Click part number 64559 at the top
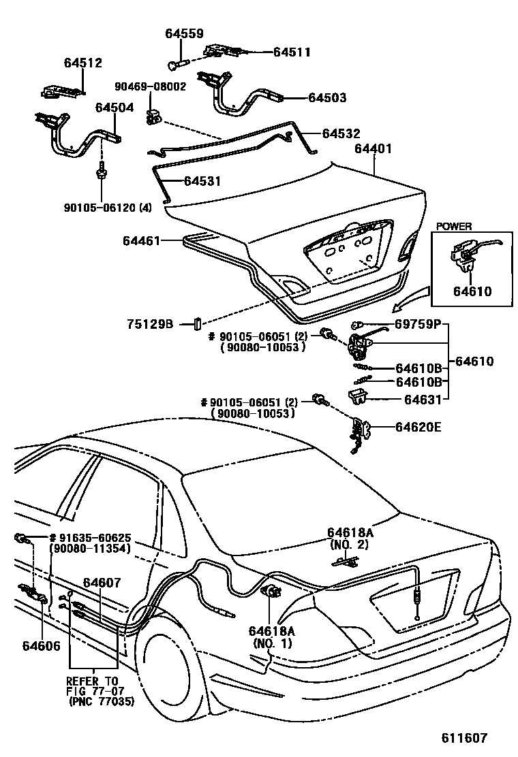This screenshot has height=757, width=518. (x=183, y=33)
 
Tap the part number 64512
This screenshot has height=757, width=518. (x=83, y=63)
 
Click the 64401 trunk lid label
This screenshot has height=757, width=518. (x=373, y=148)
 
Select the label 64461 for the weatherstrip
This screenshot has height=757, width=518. (x=142, y=240)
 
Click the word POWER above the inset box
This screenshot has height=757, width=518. (x=454, y=227)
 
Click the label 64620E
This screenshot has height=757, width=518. (x=418, y=428)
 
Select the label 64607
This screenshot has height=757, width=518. (x=102, y=583)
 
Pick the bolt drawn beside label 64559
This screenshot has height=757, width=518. (x=174, y=64)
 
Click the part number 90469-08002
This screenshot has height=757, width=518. (x=150, y=87)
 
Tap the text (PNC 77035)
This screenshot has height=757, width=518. (x=101, y=701)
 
